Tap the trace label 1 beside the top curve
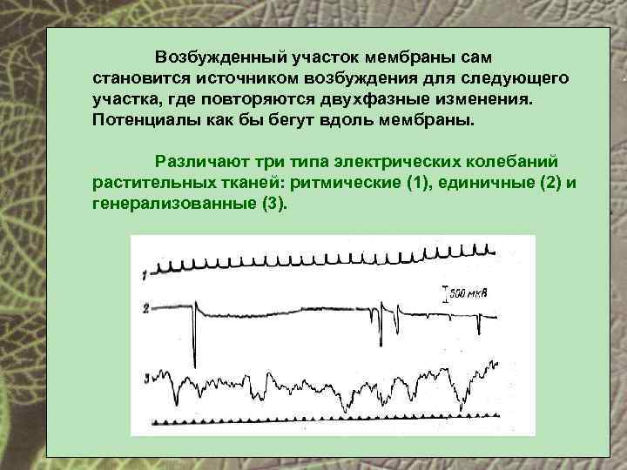pos(145,274)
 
